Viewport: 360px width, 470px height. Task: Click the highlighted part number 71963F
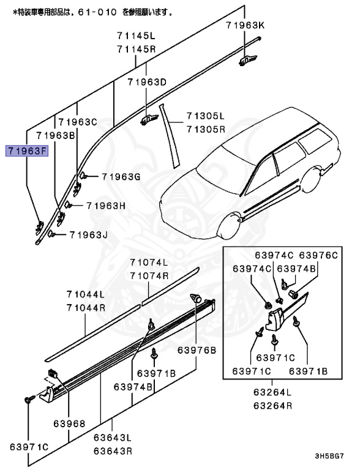click(x=26, y=150)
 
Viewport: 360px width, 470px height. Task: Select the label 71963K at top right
click(x=245, y=25)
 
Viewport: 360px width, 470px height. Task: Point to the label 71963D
click(x=147, y=82)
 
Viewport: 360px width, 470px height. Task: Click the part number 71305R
click(x=206, y=129)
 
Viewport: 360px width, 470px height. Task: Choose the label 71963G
click(x=121, y=177)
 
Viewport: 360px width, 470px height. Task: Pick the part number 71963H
click(x=105, y=206)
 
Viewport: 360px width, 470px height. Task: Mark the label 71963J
click(x=88, y=234)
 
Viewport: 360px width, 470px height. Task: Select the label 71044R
click(x=86, y=308)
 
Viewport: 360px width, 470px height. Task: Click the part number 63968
click(x=68, y=423)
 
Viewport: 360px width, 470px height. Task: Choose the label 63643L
click(x=113, y=438)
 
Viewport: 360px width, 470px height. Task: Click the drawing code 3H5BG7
click(x=334, y=457)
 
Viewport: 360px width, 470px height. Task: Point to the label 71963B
click(x=56, y=135)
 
